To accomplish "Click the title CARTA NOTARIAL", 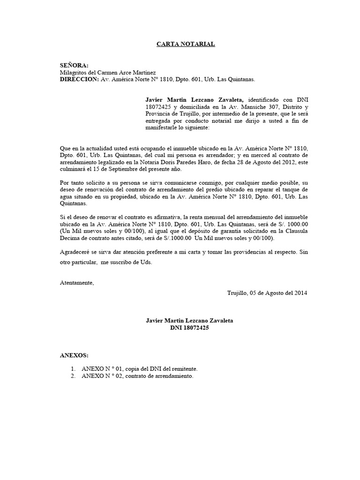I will (x=186, y=44).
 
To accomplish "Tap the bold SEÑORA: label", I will (x=74, y=66).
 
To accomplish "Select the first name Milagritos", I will (x=75, y=73).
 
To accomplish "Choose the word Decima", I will (x=70, y=238).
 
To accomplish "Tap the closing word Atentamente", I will (x=77, y=283).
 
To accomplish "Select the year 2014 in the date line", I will (x=300, y=293).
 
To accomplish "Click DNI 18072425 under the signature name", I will (x=189, y=328).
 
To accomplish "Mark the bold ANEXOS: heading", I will (x=74, y=356).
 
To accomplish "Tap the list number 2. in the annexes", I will (x=73, y=376).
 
